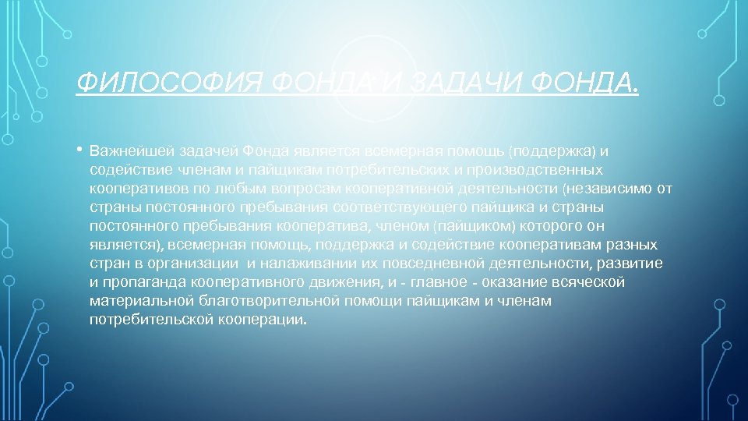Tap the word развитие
(637, 264)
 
